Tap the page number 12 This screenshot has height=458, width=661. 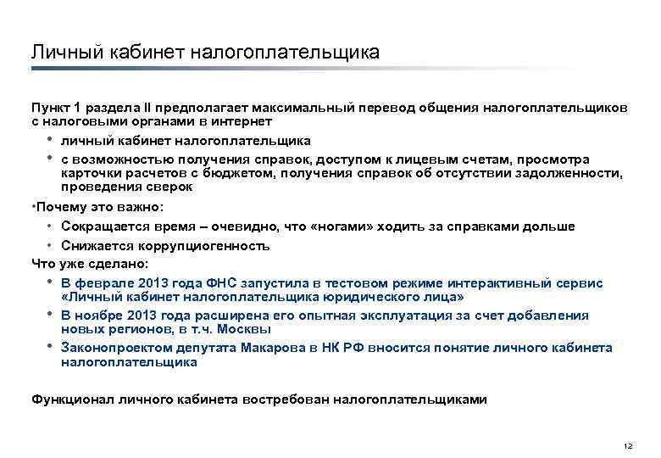pyautogui.click(x=627, y=446)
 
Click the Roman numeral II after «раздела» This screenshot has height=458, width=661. pyautogui.click(x=149, y=108)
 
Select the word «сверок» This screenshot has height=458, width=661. pyautogui.click(x=174, y=187)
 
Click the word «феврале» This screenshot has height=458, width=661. pyautogui.click(x=109, y=282)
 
